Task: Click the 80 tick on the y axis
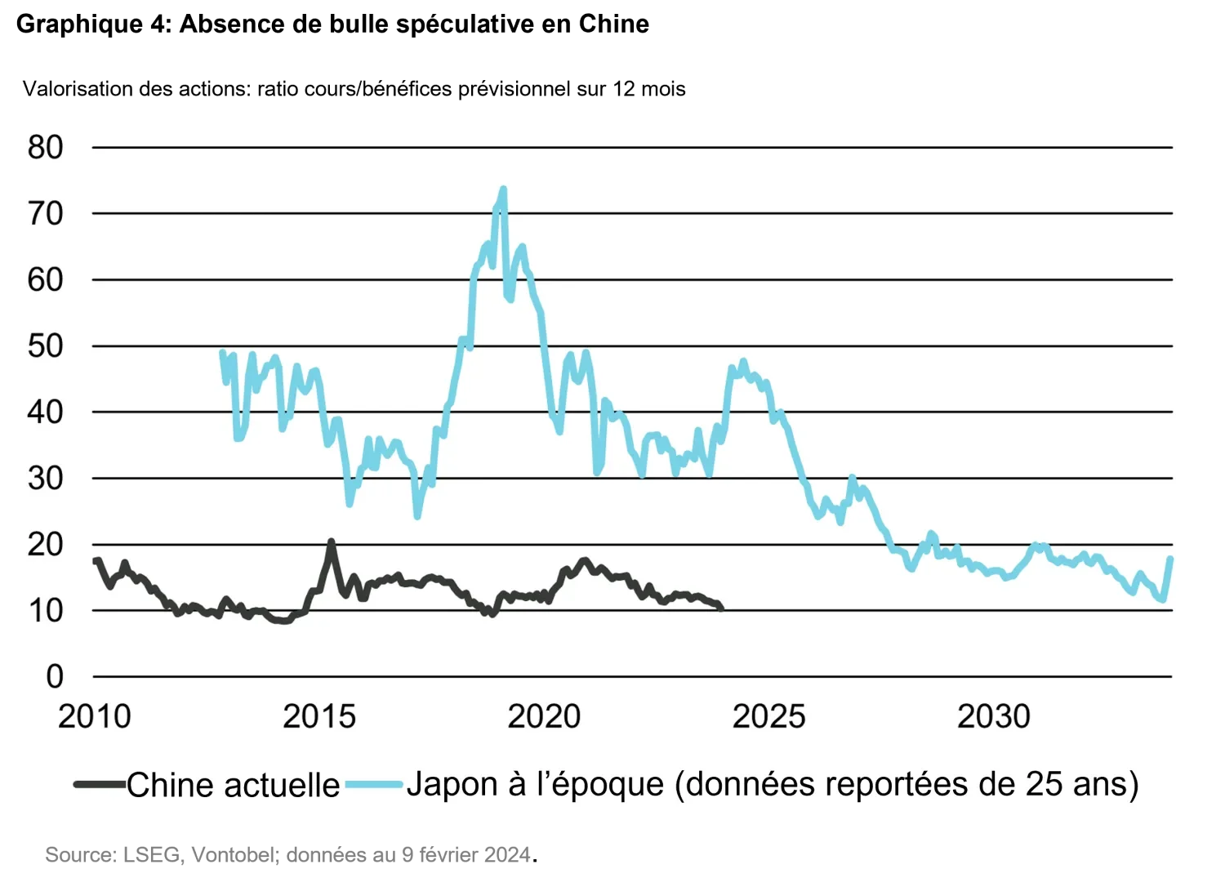pyautogui.click(x=45, y=148)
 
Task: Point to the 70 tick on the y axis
pyautogui.click(x=45, y=214)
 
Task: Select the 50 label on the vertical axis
pyautogui.click(x=45, y=346)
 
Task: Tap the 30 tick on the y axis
pyautogui.click(x=45, y=479)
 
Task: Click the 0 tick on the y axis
pyautogui.click(x=54, y=676)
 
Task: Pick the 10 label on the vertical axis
pyautogui.click(x=45, y=611)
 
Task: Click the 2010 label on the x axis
pyautogui.click(x=94, y=716)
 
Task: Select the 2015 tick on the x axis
pyautogui.click(x=319, y=716)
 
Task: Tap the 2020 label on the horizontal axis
pyautogui.click(x=544, y=716)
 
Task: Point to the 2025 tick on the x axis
pyautogui.click(x=768, y=716)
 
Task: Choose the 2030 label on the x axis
pyautogui.click(x=993, y=716)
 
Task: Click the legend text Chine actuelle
pyautogui.click(x=233, y=785)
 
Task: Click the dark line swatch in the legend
pyautogui.click(x=100, y=785)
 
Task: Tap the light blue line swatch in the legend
pyautogui.click(x=374, y=785)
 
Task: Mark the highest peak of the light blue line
pyautogui.click(x=503, y=189)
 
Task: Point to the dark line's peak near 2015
pyautogui.click(x=331, y=541)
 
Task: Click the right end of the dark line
pyautogui.click(x=721, y=608)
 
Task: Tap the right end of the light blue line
pyautogui.click(x=1171, y=558)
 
